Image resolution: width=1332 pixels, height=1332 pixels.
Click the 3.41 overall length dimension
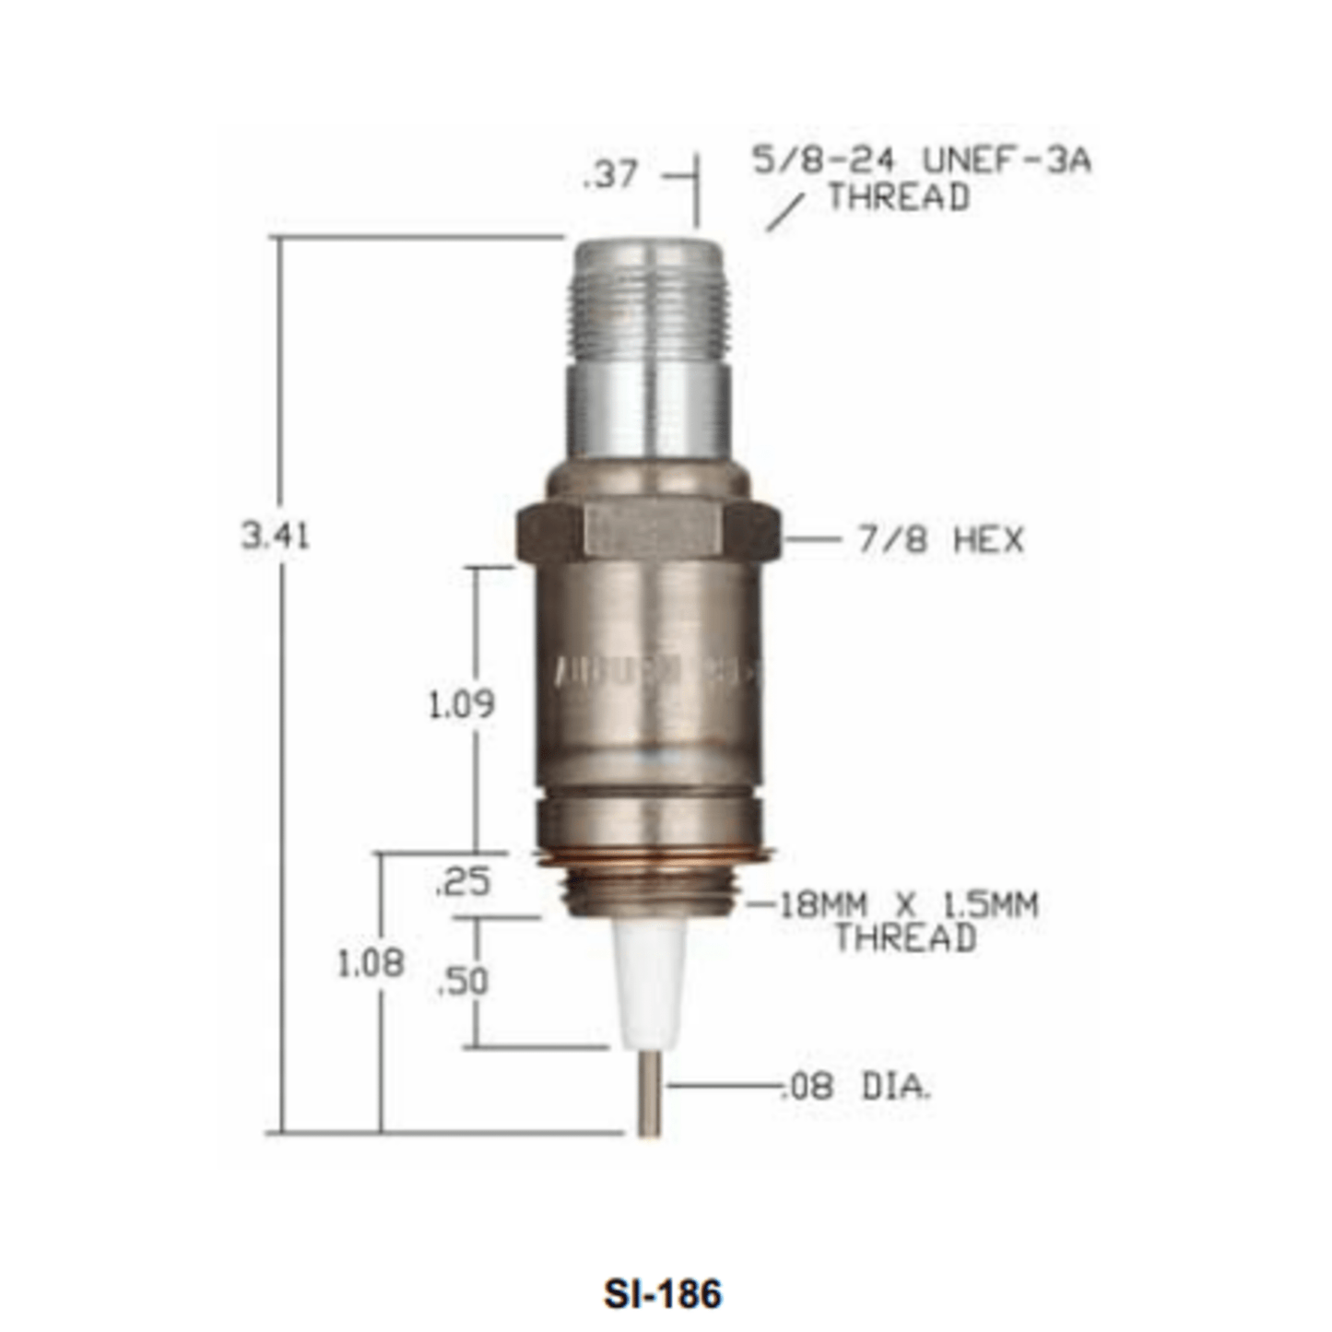(275, 536)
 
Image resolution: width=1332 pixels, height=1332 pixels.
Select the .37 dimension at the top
(610, 174)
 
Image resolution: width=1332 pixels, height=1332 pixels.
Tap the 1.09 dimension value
(461, 704)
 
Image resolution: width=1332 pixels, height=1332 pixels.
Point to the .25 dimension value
(463, 882)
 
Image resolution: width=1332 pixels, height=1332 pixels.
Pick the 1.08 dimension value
(371, 964)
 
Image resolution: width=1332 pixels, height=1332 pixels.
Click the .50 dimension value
(463, 982)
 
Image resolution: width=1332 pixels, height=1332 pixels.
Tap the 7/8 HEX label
(940, 539)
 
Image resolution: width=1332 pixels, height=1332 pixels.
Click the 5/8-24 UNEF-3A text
(921, 160)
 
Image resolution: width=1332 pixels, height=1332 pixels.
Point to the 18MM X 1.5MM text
(909, 904)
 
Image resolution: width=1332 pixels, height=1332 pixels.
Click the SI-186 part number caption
(663, 1293)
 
